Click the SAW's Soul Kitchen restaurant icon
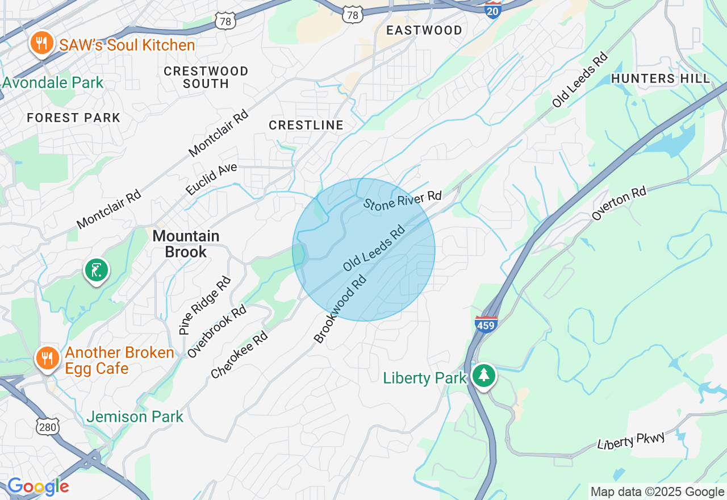(x=41, y=43)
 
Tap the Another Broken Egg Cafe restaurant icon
(x=48, y=358)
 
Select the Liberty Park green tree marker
(x=483, y=375)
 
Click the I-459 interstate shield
(x=486, y=323)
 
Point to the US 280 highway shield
(x=47, y=427)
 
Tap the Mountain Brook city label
(x=186, y=244)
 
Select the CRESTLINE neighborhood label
(x=306, y=125)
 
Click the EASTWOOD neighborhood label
(x=424, y=31)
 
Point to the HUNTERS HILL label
(x=661, y=78)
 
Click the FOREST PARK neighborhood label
(x=74, y=118)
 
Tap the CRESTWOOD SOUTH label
(x=206, y=77)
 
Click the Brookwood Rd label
(x=340, y=309)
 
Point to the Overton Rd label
(x=619, y=203)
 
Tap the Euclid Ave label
(x=211, y=180)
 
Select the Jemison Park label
(x=135, y=416)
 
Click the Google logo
(x=38, y=486)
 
